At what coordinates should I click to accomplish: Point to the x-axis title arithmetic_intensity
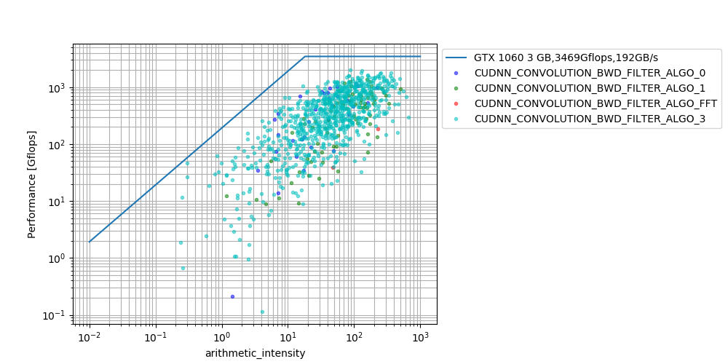[x=255, y=353]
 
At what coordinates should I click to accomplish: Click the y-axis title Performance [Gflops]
[x=32, y=183]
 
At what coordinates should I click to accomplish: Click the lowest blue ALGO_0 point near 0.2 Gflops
[x=232, y=296]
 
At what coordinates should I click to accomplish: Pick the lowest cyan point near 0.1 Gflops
[x=262, y=312]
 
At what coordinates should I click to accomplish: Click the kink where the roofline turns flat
[x=305, y=56]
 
